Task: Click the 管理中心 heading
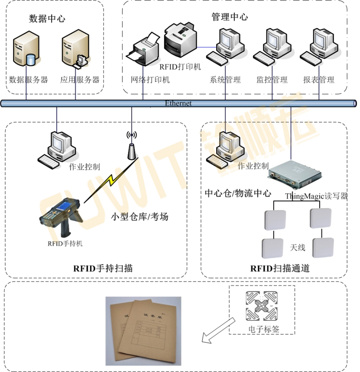tap(230, 17)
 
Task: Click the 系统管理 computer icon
tap(225, 46)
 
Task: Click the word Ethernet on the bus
tap(178, 103)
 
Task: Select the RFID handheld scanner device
tap(61, 217)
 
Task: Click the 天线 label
tap(298, 248)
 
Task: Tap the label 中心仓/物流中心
tap(238, 193)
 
